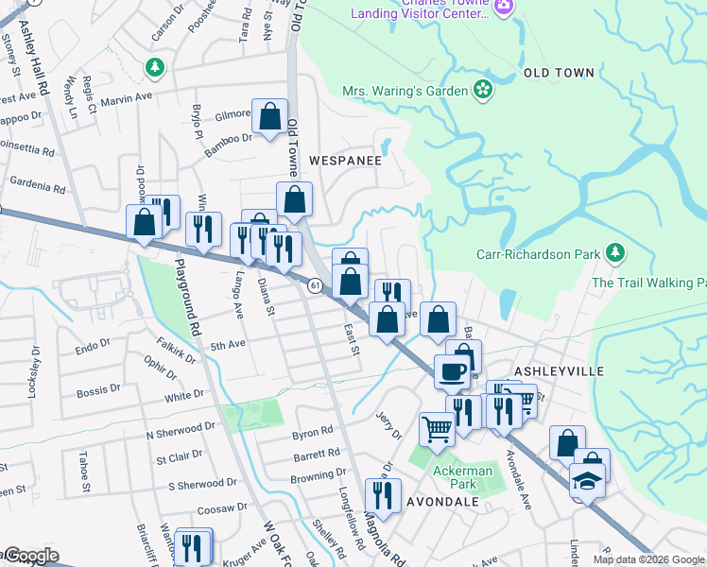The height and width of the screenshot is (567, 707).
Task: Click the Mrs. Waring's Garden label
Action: click(x=405, y=91)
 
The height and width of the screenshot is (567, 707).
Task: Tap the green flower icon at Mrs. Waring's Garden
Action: click(x=483, y=91)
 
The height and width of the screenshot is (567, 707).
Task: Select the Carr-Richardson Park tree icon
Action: click(x=615, y=252)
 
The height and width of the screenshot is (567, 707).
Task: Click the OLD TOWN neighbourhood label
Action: click(x=559, y=73)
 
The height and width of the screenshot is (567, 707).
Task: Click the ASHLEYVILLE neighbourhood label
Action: click(x=559, y=371)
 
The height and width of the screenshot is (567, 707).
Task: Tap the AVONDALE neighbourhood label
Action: click(x=443, y=502)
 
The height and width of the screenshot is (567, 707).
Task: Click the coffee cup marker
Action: click(x=451, y=371)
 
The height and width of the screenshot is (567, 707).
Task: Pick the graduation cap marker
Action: click(x=587, y=481)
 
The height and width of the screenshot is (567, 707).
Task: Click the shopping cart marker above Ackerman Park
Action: click(x=437, y=428)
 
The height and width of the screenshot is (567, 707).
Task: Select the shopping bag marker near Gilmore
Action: click(x=269, y=117)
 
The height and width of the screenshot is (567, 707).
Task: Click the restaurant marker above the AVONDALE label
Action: click(x=383, y=494)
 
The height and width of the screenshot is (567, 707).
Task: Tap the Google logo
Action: click(x=30, y=557)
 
